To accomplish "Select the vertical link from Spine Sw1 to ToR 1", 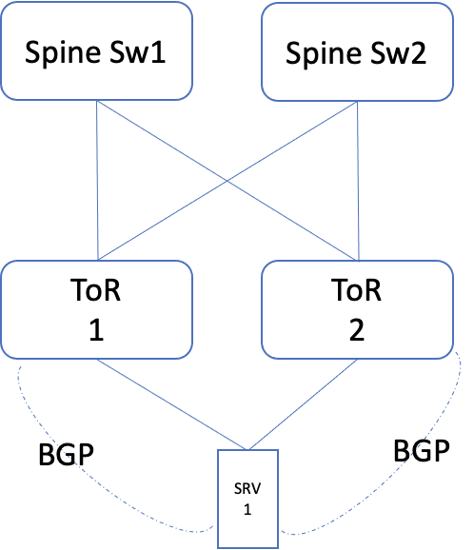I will [97, 181].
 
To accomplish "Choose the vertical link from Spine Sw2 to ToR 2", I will [358, 181].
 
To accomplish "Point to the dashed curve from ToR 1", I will [38, 476].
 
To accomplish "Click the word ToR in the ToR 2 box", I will [356, 287].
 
